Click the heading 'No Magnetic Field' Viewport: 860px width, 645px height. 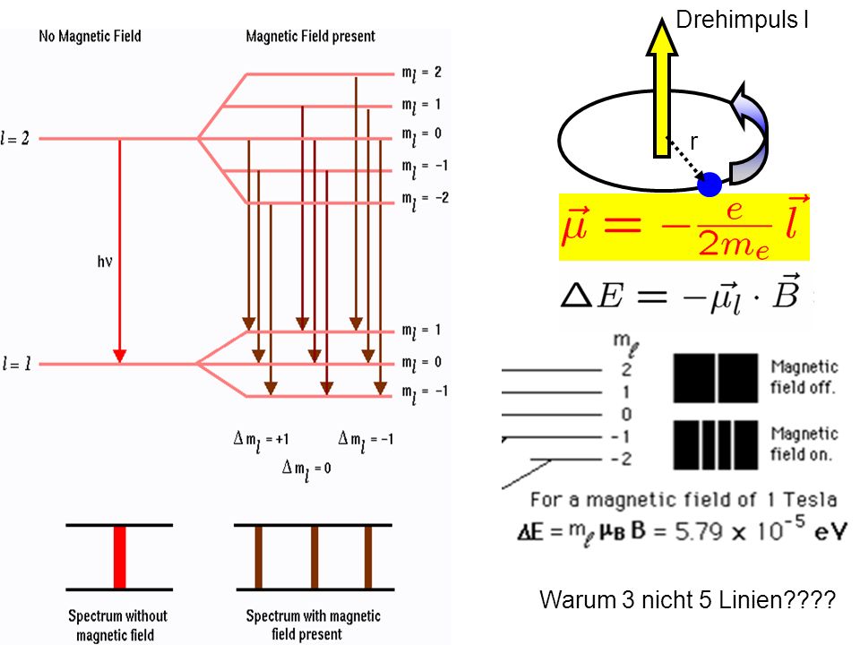[x=90, y=36]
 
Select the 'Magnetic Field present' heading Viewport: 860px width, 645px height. [x=311, y=36]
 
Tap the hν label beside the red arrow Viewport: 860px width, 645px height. [x=105, y=261]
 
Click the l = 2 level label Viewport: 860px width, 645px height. [x=15, y=138]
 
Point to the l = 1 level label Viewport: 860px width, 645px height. [x=16, y=364]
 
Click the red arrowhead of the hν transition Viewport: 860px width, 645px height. [x=119, y=356]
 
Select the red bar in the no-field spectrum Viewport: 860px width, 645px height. [x=119, y=557]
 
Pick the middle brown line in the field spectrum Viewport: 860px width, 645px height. [x=314, y=557]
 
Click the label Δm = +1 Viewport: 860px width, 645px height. [x=261, y=440]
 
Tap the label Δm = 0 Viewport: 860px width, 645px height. [x=306, y=469]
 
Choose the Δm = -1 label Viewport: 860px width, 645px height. [x=365, y=440]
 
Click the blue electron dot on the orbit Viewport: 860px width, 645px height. [x=709, y=185]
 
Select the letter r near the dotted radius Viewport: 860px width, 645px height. [x=693, y=142]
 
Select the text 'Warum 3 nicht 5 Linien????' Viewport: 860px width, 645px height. [x=688, y=599]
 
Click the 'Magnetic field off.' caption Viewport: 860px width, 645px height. [x=804, y=377]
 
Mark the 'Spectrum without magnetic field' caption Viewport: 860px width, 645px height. [x=117, y=625]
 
